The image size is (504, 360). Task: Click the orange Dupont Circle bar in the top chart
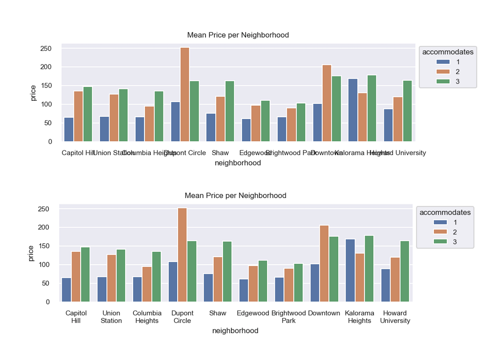coord(185,95)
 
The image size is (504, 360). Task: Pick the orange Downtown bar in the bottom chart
coord(324,263)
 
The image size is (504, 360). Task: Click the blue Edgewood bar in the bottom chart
coord(244,290)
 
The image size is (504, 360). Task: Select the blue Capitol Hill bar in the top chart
coord(68,129)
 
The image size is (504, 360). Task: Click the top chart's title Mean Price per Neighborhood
coord(238,35)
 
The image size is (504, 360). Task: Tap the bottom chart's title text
coord(235,196)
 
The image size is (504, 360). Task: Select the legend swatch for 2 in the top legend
coord(441,72)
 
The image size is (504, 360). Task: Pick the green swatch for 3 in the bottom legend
coord(438,242)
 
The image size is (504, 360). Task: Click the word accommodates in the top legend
coord(448,53)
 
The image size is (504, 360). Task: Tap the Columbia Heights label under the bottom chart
coord(147,317)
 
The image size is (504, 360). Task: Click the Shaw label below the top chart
coord(220,153)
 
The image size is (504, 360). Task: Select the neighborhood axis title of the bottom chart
coord(235,331)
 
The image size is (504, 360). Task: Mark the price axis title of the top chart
coord(33,93)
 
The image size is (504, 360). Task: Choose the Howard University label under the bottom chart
coord(395,317)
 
